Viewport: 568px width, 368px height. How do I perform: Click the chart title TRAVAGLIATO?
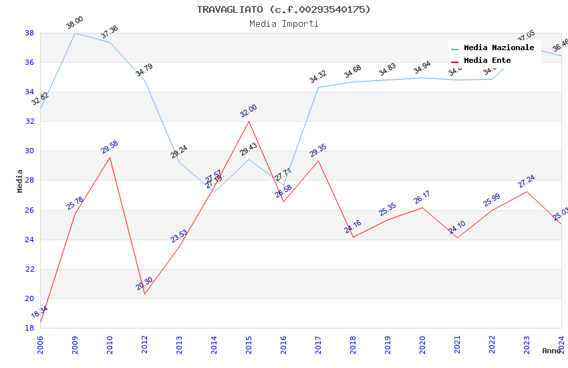tap(283, 9)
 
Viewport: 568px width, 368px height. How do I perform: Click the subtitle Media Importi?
tap(283, 23)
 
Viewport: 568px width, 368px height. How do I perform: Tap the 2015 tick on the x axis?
tap(249, 341)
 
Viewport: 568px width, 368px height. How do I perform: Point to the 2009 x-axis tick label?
tap(75, 341)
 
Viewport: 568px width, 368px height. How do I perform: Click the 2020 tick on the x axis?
tap(422, 341)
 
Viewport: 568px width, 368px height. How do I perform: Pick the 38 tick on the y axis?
tap(29, 33)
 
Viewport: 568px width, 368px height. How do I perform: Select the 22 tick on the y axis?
tap(29, 269)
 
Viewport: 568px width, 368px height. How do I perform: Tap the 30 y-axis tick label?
tap(29, 151)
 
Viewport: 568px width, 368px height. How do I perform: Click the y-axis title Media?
tap(20, 181)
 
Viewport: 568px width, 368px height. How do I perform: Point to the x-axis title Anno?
tap(551, 351)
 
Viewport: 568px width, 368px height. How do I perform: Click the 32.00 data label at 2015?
tap(249, 111)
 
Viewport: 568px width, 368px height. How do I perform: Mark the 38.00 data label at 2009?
tap(74, 23)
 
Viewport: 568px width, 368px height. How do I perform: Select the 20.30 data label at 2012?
tap(144, 284)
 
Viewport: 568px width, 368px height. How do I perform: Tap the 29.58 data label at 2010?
tap(110, 147)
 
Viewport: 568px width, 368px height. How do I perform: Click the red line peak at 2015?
tap(249, 121)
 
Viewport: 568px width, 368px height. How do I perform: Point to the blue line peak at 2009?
tap(75, 33)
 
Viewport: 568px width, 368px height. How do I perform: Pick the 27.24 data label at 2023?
tap(527, 181)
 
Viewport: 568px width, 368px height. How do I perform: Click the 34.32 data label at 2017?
tap(318, 77)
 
